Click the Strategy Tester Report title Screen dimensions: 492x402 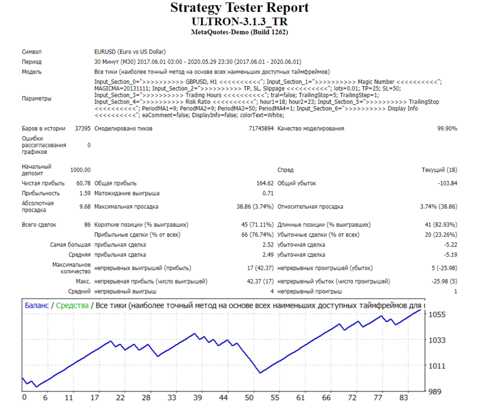[239, 8]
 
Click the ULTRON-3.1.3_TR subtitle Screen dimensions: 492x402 [239, 21]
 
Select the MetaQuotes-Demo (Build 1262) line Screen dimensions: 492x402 [239, 32]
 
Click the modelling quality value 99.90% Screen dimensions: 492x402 [447, 129]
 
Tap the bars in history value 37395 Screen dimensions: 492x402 [83, 129]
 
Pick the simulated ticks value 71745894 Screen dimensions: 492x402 [261, 129]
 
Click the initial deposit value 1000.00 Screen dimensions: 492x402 [80, 170]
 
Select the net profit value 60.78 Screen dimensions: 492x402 [84, 183]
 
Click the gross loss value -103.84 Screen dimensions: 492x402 [447, 183]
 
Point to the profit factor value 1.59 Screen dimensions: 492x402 [85, 193]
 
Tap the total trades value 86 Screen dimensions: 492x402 [87, 225]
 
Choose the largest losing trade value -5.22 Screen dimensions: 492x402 [451, 244]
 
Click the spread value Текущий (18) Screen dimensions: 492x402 [439, 170]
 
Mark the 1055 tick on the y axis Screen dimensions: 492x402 [437, 315]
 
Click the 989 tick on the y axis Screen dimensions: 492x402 [435, 391]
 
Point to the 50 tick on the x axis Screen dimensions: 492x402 [249, 398]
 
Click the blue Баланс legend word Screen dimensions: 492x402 [36, 306]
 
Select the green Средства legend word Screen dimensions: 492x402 [72, 306]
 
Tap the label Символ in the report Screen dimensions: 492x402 [32, 52]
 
